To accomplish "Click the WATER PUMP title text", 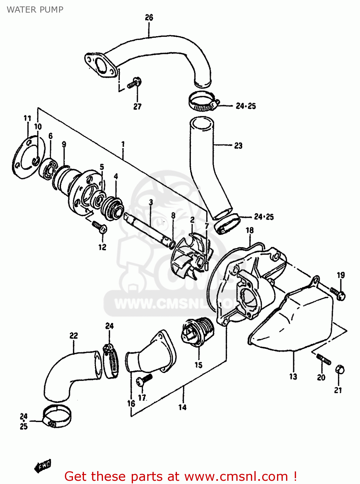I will [x=35, y=10].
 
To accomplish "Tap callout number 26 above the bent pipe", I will [x=149, y=17].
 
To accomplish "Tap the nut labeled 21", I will [x=340, y=369].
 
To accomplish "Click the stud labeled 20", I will [x=323, y=359].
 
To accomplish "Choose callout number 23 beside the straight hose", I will [x=238, y=146].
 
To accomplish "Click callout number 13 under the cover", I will [x=293, y=377].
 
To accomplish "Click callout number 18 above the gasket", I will [x=250, y=230].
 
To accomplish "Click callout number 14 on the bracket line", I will [x=182, y=407].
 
